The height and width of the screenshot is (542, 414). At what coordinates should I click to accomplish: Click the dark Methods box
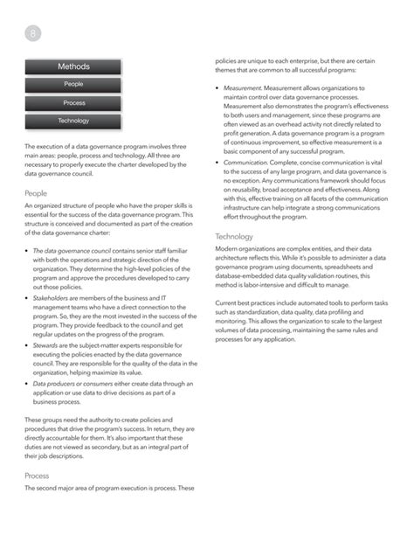click(73, 66)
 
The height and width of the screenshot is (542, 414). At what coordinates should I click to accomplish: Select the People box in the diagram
click(73, 85)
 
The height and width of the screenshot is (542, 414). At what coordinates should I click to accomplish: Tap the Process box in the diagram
click(73, 103)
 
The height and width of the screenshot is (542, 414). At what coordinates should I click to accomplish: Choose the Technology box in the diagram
click(73, 121)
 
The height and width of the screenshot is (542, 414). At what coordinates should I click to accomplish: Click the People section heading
click(36, 193)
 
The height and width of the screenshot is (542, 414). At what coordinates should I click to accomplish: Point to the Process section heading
click(37, 476)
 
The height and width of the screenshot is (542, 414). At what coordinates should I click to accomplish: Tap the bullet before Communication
click(217, 162)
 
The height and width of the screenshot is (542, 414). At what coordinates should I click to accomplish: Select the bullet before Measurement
click(217, 88)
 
